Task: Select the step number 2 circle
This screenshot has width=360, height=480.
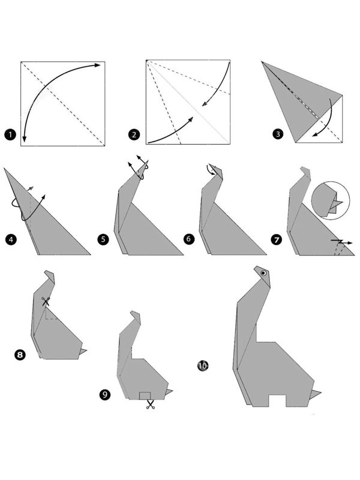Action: click(134, 135)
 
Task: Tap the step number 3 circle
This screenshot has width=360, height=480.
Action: click(277, 135)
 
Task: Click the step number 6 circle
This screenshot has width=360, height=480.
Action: click(189, 239)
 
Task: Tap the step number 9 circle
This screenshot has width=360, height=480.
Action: click(106, 394)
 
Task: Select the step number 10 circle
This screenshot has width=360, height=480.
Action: click(202, 365)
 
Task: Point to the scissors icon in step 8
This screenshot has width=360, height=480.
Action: click(45, 302)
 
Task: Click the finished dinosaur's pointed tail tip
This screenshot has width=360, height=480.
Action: click(318, 394)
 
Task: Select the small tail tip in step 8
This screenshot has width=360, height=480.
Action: click(84, 351)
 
